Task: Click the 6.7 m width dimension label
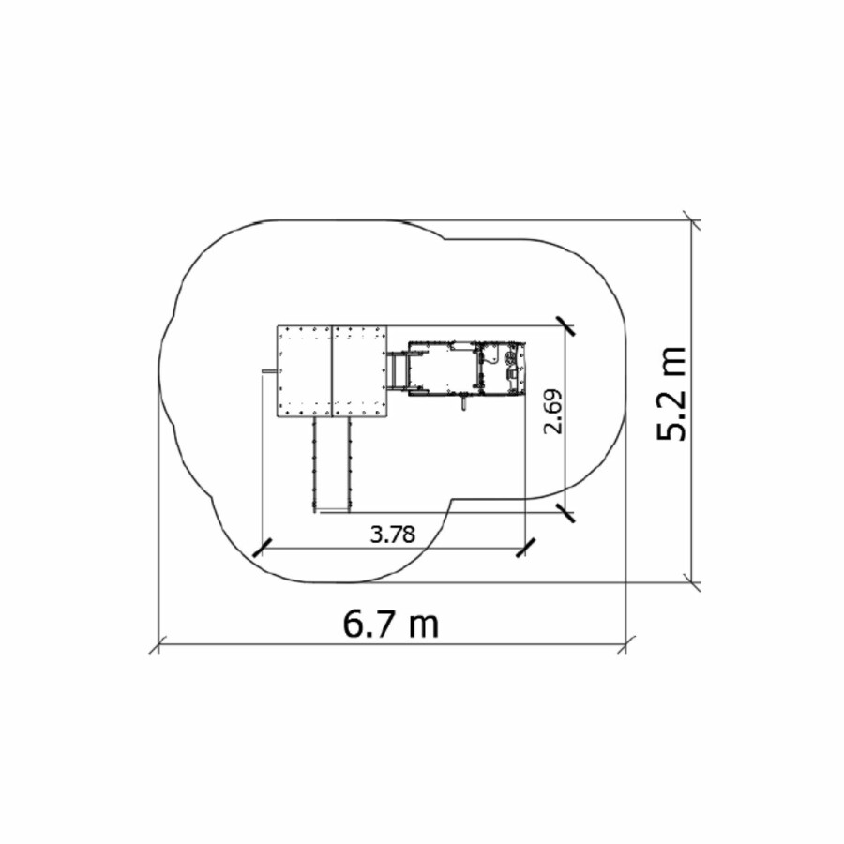pyautogui.click(x=391, y=625)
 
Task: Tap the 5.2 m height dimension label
pyautogui.click(x=671, y=394)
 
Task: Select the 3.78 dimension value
pyautogui.click(x=393, y=535)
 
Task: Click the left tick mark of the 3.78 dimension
pyautogui.click(x=262, y=547)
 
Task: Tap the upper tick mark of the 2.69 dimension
pyautogui.click(x=565, y=325)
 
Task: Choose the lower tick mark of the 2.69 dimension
pyautogui.click(x=565, y=512)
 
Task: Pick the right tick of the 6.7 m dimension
pyautogui.click(x=626, y=644)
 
